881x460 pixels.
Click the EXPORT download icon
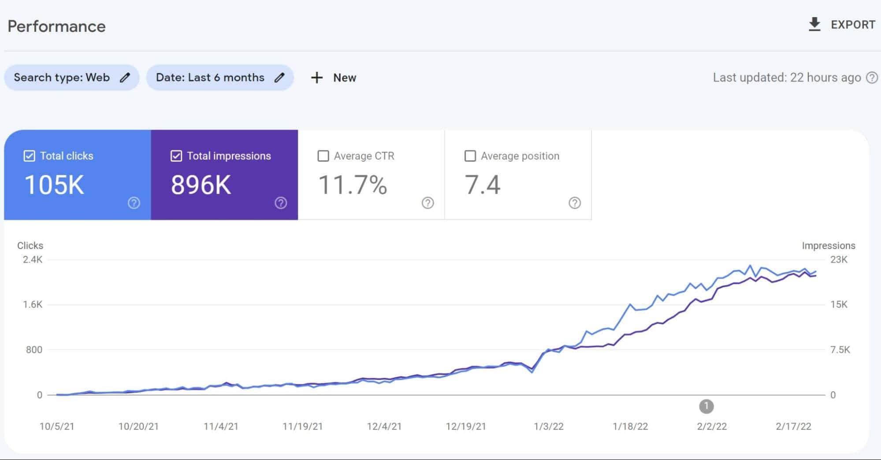pyautogui.click(x=814, y=25)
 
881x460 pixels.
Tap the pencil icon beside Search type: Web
pyautogui.click(x=125, y=78)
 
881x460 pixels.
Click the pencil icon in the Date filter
pyautogui.click(x=279, y=78)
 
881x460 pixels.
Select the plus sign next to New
pyautogui.click(x=317, y=78)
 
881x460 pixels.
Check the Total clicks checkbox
pyautogui.click(x=29, y=156)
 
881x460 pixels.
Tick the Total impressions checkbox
pyautogui.click(x=176, y=156)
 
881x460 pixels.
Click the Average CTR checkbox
pyautogui.click(x=323, y=156)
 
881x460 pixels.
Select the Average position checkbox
pyautogui.click(x=470, y=156)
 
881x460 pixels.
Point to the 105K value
pyautogui.click(x=54, y=185)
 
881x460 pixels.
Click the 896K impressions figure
pyautogui.click(x=201, y=185)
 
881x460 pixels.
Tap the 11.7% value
pyautogui.click(x=353, y=185)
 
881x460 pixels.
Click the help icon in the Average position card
pyautogui.click(x=575, y=203)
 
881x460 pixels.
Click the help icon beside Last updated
pyautogui.click(x=872, y=78)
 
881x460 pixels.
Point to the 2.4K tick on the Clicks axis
pyautogui.click(x=33, y=260)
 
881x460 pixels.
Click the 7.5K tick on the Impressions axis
pyautogui.click(x=840, y=350)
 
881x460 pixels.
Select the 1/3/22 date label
pyautogui.click(x=549, y=427)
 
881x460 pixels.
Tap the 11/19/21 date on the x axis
pyautogui.click(x=303, y=427)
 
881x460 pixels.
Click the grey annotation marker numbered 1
pyautogui.click(x=706, y=406)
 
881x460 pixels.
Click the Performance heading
pyautogui.click(x=57, y=26)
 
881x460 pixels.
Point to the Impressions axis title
pyautogui.click(x=829, y=246)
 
